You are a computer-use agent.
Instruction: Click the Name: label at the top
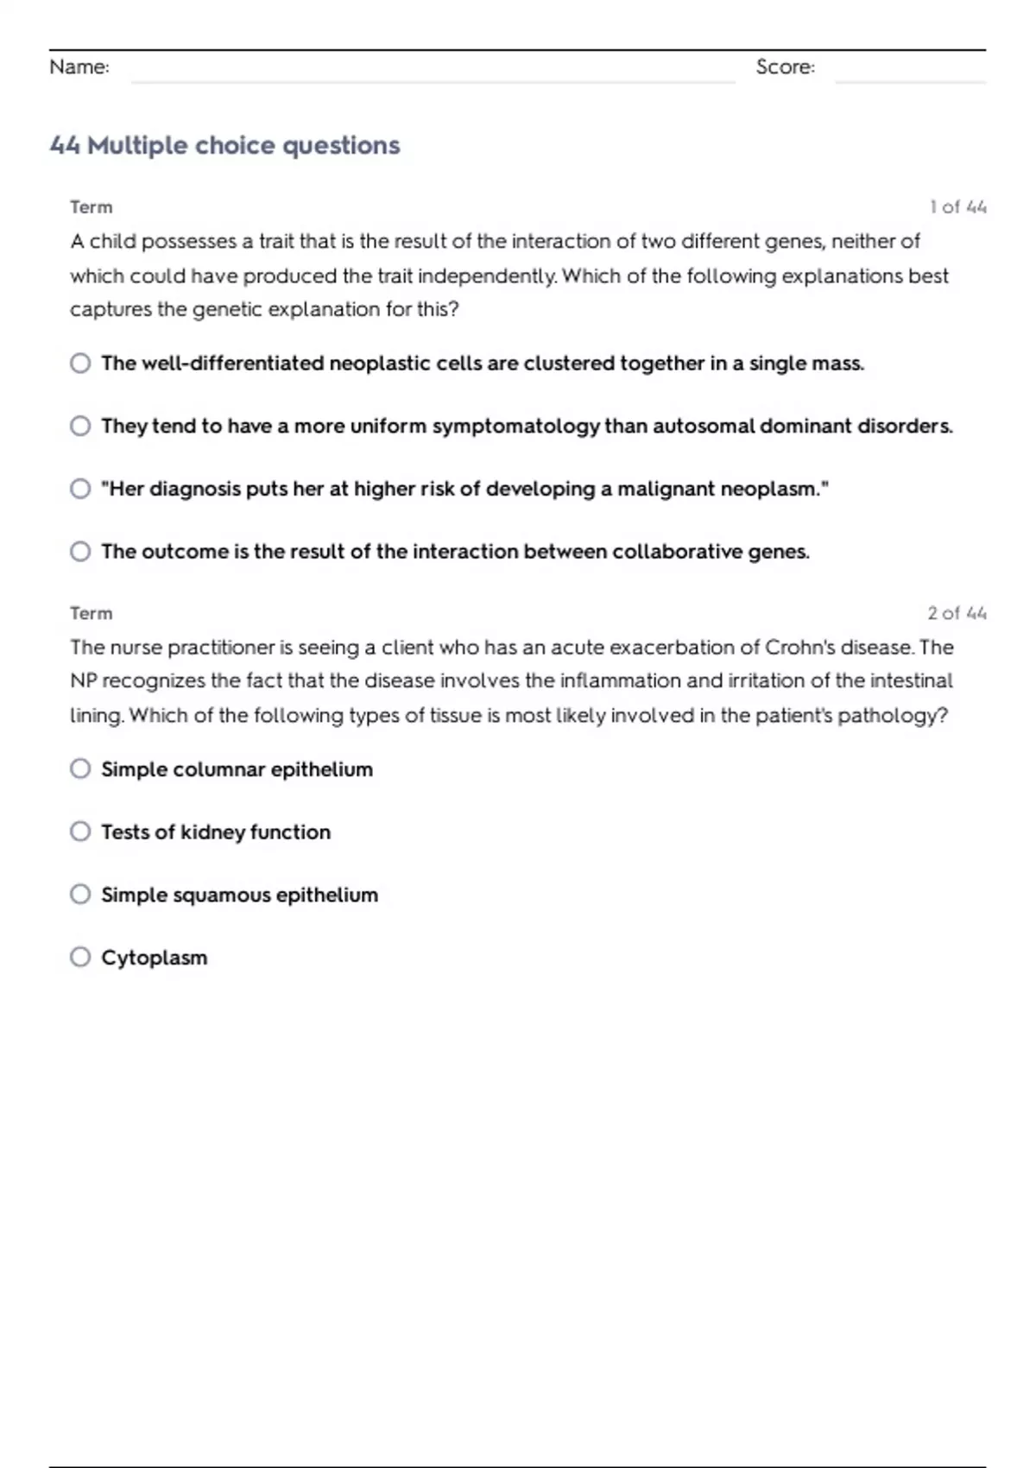(79, 67)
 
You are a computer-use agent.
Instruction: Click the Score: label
(785, 67)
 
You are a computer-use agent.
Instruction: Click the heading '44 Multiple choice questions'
(224, 145)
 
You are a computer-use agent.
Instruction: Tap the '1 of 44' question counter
(957, 207)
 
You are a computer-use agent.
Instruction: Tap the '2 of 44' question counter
(957, 613)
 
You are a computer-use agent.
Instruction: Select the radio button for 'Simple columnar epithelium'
(80, 769)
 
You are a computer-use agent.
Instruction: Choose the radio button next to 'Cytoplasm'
(80, 957)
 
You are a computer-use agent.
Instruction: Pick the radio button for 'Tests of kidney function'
(80, 832)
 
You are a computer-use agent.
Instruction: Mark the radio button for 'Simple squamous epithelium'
(80, 894)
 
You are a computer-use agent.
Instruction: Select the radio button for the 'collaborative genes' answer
(80, 551)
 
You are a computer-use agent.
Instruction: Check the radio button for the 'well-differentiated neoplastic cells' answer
(80, 363)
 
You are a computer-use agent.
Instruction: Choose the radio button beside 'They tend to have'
(80, 426)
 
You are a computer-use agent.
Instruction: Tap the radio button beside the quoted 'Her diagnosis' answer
(80, 489)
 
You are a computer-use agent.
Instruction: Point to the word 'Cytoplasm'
(155, 958)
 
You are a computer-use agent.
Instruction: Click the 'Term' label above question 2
(92, 613)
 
